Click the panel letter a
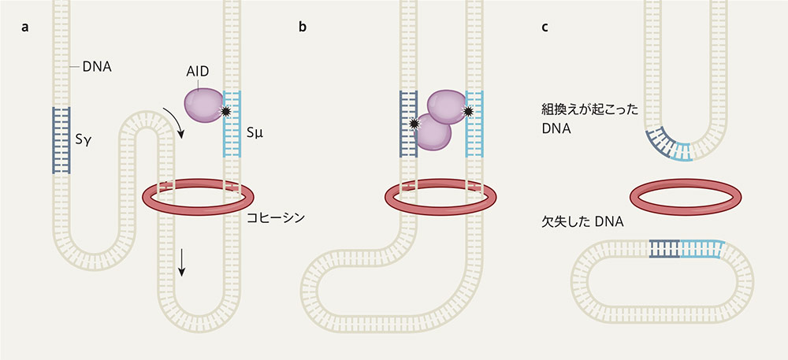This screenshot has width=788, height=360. (x=24, y=28)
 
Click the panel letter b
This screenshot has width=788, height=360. (x=302, y=27)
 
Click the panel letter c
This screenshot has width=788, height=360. (x=545, y=28)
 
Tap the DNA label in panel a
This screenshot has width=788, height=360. (x=98, y=65)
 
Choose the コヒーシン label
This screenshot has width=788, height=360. (x=277, y=218)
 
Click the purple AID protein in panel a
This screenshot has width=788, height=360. (x=203, y=106)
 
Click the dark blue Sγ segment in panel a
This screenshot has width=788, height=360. (x=61, y=140)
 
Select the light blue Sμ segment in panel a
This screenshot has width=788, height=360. (x=232, y=124)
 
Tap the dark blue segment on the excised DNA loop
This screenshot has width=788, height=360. (x=664, y=249)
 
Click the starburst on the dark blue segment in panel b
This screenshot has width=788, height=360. (x=414, y=124)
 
